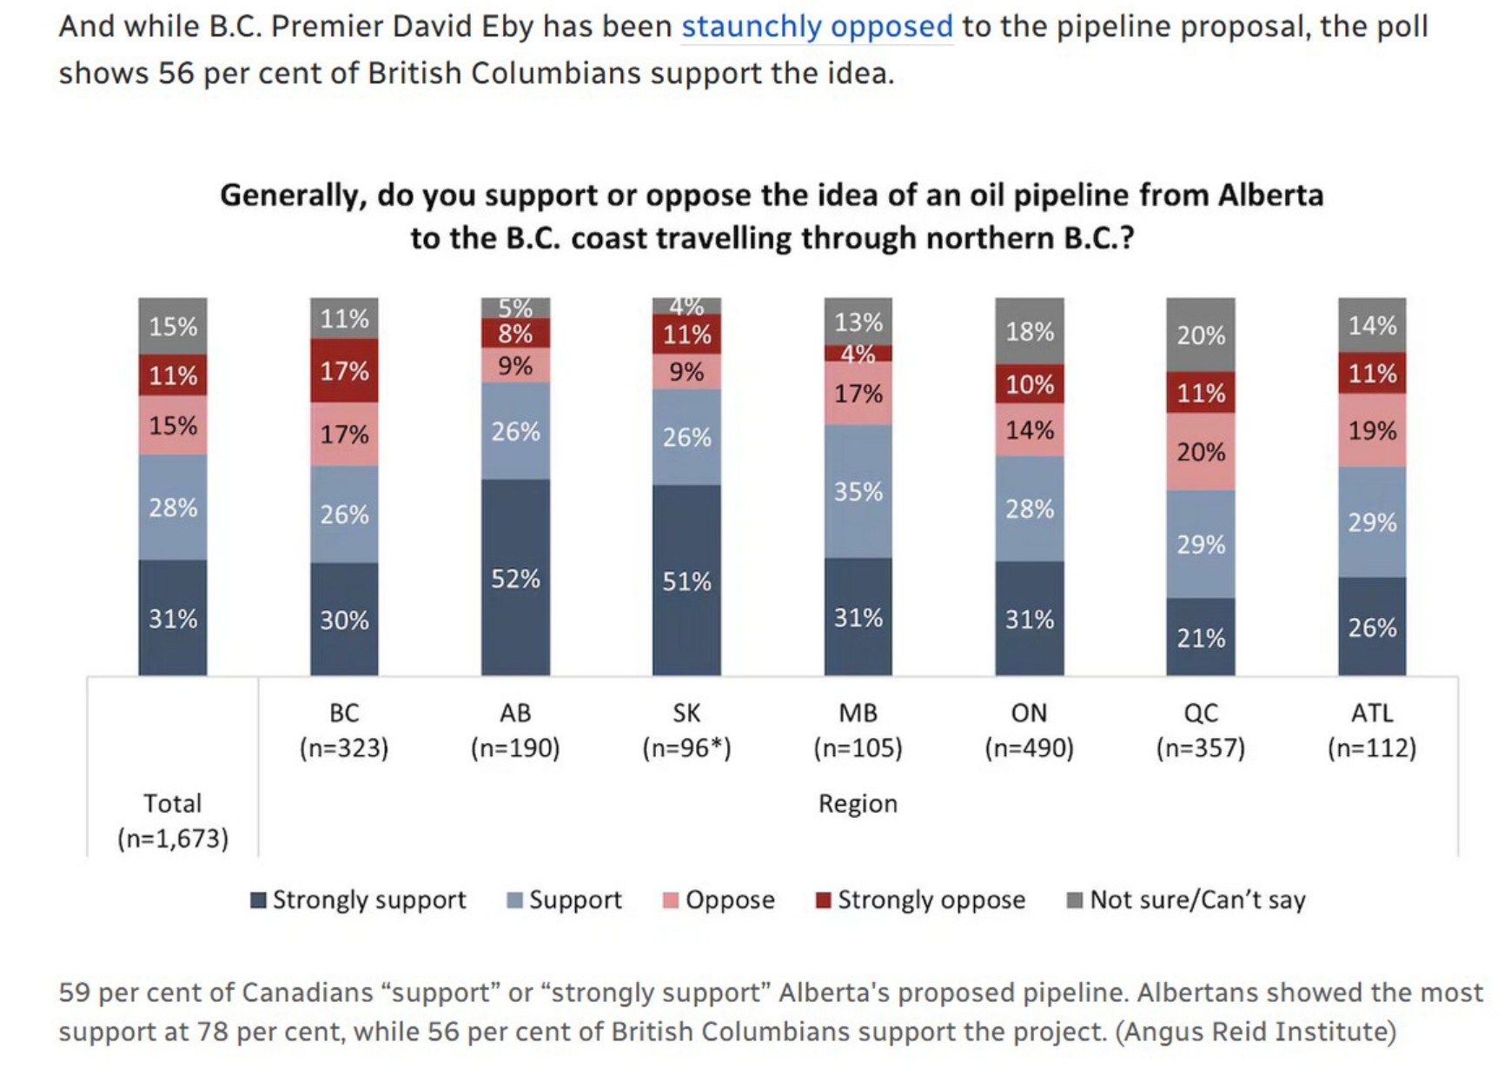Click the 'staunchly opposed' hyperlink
coord(817,26)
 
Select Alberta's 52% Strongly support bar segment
coord(515,577)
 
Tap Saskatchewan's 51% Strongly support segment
coord(686,580)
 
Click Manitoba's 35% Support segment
coord(858,491)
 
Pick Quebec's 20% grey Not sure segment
coord(1200,335)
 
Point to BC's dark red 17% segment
coord(344,370)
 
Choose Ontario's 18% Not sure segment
coord(1029,331)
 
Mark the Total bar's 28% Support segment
coord(173,507)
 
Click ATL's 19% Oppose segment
coord(1371,430)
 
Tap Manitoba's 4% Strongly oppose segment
coord(858,354)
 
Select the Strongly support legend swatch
coord(258,900)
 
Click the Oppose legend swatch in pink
coord(671,900)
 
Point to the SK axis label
coord(686,713)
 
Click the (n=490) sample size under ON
coord(1029,748)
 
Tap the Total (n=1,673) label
coord(173,820)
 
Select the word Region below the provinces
coord(858,803)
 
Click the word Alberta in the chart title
coord(1270,195)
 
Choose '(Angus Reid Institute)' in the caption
coord(1256,1032)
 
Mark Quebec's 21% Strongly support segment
coord(1200,637)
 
